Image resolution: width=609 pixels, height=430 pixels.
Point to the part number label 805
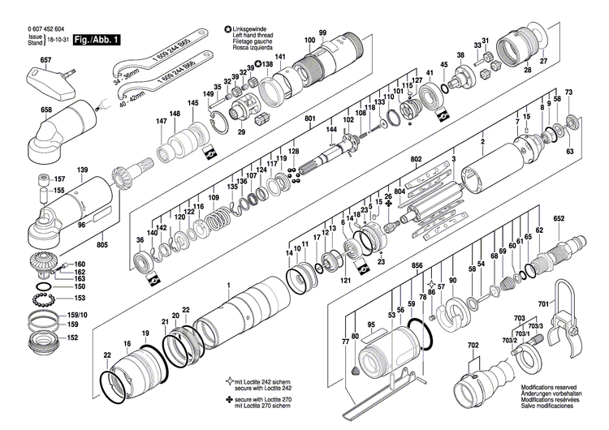click(101, 245)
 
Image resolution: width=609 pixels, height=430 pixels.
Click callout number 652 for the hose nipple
click(559, 218)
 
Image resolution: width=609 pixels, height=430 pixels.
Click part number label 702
click(473, 345)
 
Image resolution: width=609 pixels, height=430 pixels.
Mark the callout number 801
click(309, 119)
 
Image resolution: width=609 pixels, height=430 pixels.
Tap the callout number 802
click(417, 159)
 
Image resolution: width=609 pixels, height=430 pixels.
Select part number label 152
click(72, 337)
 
